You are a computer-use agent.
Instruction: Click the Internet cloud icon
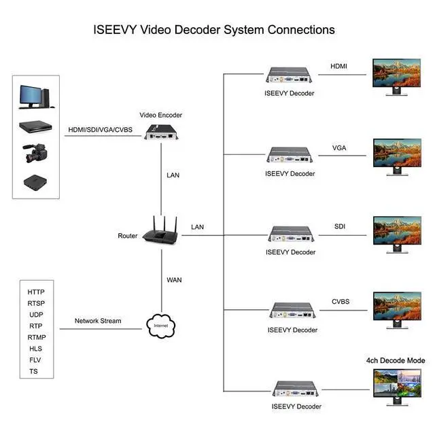[160, 326]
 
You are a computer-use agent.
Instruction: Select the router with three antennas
[160, 232]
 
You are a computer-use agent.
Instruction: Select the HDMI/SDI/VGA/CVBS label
[101, 130]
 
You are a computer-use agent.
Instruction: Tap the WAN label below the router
[174, 279]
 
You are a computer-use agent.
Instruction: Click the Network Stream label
[98, 321]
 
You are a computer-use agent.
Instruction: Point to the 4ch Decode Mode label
[396, 360]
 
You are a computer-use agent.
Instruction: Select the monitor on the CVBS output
[397, 307]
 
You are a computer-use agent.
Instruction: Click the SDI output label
[340, 225]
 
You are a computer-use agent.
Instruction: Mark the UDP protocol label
[36, 315]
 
